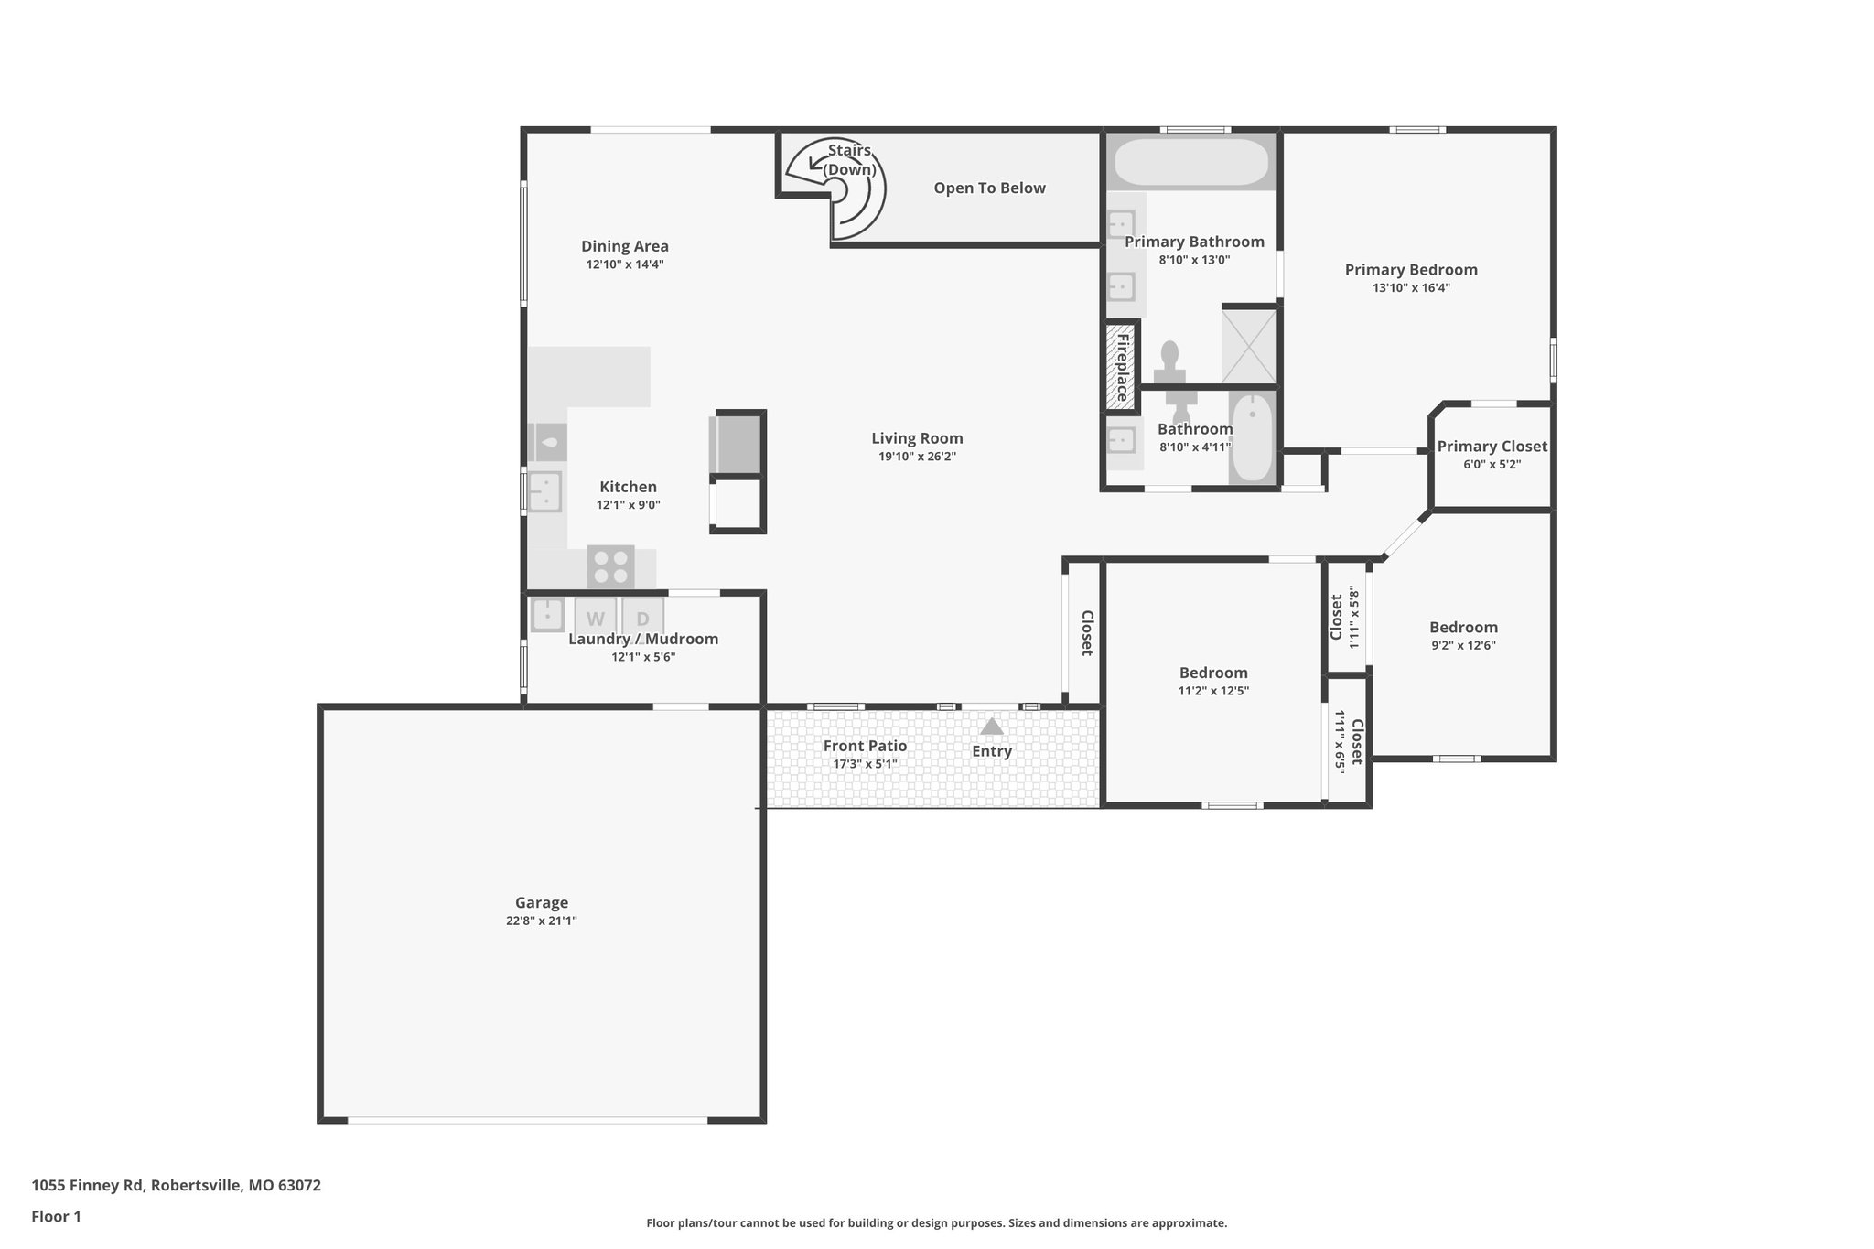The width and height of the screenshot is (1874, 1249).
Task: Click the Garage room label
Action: pyautogui.click(x=541, y=902)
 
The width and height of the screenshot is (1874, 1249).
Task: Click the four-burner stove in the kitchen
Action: pyautogui.click(x=610, y=566)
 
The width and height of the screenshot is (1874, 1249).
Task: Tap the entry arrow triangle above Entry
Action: pyautogui.click(x=991, y=727)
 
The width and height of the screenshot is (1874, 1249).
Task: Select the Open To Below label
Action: pyautogui.click(x=989, y=188)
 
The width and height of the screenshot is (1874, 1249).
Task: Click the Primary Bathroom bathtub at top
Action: pyautogui.click(x=1191, y=162)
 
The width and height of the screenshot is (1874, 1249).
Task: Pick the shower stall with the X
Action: pyautogui.click(x=1249, y=346)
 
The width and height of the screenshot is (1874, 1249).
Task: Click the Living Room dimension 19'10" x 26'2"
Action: pyautogui.click(x=917, y=457)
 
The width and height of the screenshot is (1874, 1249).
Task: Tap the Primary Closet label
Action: pyautogui.click(x=1492, y=446)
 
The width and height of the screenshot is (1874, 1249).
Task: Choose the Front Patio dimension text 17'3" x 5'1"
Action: pyautogui.click(x=864, y=764)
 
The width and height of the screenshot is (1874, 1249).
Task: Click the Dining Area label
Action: pyautogui.click(x=625, y=246)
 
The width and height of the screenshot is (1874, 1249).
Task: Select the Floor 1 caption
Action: pyautogui.click(x=56, y=1216)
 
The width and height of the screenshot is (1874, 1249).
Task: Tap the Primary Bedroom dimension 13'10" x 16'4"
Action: pyautogui.click(x=1410, y=287)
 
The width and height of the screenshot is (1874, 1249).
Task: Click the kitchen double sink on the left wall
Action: pyautogui.click(x=544, y=491)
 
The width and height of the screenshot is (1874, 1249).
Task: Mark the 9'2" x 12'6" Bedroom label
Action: pyautogui.click(x=1463, y=628)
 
